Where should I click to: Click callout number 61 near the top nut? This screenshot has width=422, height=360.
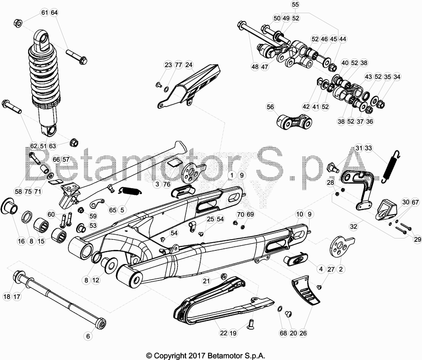(x=45, y=13)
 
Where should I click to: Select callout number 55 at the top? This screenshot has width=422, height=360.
(x=295, y=5)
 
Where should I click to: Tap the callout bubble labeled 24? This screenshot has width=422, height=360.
(x=189, y=65)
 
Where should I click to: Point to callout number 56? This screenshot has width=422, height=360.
(x=270, y=107)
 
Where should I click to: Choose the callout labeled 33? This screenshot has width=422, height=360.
(x=368, y=148)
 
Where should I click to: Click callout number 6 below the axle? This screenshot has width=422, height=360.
(x=88, y=336)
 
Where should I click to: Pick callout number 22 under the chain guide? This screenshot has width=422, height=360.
(x=224, y=333)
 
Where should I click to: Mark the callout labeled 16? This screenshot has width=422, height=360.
(x=21, y=241)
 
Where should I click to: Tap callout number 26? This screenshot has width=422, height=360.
(x=303, y=333)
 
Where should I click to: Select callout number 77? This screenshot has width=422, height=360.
(x=178, y=65)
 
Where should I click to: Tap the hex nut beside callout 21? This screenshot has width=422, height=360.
(x=223, y=276)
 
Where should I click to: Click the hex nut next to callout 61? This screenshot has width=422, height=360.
(x=18, y=23)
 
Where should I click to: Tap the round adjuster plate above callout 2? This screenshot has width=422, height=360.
(x=340, y=246)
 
